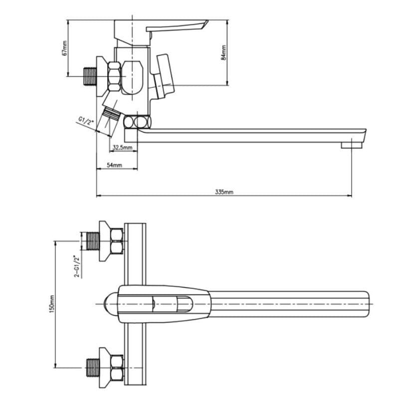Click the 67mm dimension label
coord(65,48)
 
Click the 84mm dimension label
coord(223,52)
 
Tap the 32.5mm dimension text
coord(123,147)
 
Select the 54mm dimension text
coord(114,165)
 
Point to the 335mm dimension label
coord(224,192)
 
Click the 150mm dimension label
coord(52,304)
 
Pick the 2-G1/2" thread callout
coord(77,266)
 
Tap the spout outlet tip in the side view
coord(352,145)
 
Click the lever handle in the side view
coord(176,26)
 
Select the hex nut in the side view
coord(114,76)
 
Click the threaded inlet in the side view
coord(90,76)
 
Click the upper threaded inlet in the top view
coord(93,241)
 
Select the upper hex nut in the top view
coord(117,241)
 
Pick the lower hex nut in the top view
coord(117,368)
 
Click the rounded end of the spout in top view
coord(367,304)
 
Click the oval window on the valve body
coord(132,78)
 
